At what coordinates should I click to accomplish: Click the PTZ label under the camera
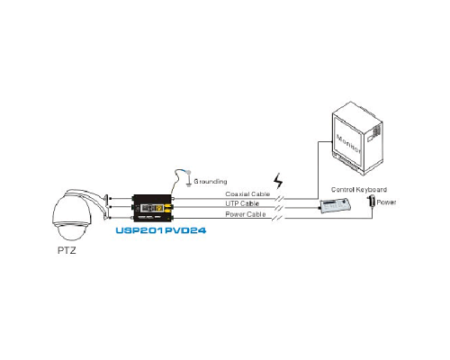pos(67,250)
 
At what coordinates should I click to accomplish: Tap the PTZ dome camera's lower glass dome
pos(70,231)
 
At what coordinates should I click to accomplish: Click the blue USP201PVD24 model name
pos(161,230)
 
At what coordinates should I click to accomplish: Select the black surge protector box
pos(152,208)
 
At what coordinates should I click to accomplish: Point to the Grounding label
pos(211,181)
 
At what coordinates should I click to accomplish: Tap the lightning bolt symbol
pos(278,181)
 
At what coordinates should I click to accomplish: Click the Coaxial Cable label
pos(247,194)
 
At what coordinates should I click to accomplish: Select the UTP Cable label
pos(242,203)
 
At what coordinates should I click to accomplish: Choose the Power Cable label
pos(246,214)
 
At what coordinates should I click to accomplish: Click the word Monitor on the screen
pos(348,144)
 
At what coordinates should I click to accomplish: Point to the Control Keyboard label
pos(359,190)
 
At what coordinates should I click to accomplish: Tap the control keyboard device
pos(335,206)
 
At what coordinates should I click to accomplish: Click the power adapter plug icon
pos(372,201)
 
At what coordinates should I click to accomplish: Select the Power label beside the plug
pos(386,202)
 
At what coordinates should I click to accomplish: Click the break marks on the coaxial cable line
pos(279,198)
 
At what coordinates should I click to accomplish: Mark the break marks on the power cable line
pos(277,218)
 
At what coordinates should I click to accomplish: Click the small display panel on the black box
pos(148,208)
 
